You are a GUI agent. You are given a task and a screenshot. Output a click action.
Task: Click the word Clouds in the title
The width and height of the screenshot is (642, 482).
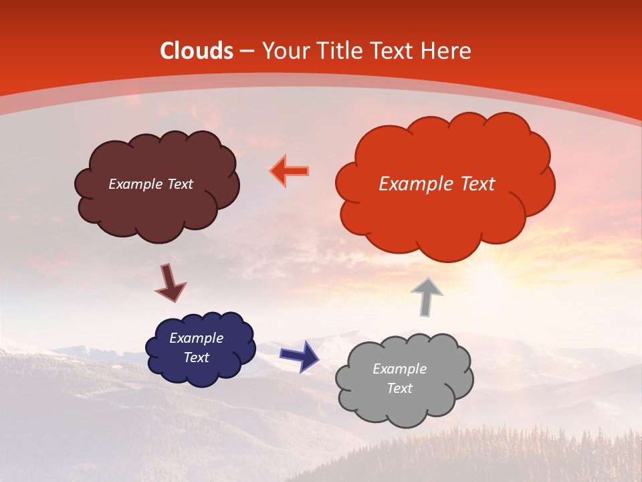[197, 51]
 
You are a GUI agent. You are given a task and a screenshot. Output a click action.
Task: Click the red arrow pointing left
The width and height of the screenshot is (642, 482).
[290, 171]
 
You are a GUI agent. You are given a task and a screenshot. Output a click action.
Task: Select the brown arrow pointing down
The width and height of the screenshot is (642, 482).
[170, 282]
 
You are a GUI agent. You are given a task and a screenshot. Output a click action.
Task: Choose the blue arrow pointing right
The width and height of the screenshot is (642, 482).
[299, 355]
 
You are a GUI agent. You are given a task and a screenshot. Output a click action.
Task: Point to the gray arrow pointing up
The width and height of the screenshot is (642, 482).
[427, 296]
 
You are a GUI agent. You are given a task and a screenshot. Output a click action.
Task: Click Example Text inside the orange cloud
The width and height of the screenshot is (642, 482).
[437, 184]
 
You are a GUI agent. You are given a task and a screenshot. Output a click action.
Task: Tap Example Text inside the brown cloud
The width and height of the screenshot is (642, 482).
[150, 184]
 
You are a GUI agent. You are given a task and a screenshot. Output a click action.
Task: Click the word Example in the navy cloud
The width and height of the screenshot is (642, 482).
[196, 338]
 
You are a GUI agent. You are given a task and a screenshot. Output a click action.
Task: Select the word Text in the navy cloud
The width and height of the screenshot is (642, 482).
[196, 357]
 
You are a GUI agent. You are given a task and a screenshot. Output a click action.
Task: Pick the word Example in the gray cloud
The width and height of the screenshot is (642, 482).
[399, 369]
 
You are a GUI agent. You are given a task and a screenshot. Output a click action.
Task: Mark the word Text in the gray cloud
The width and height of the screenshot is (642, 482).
[399, 388]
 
